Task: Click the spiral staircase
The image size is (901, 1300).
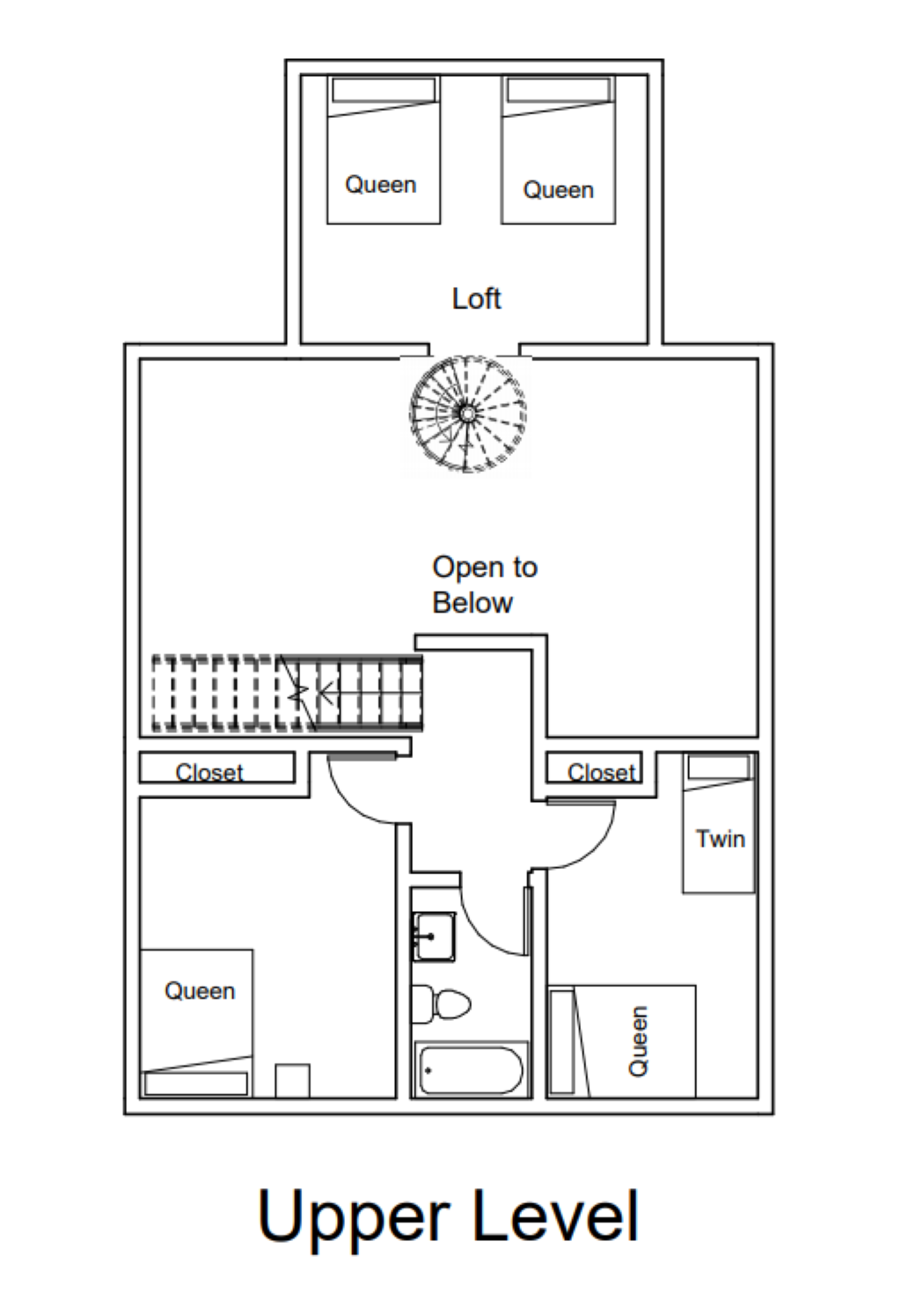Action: [467, 413]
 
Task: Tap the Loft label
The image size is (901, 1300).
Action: [476, 298]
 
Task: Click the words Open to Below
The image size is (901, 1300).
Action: [484, 584]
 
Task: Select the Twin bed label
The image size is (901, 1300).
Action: [720, 839]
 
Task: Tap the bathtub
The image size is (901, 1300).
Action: [471, 1070]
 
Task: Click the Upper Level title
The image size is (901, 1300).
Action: [448, 1216]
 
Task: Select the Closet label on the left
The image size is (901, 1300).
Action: [209, 772]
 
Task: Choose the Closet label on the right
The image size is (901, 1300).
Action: [601, 772]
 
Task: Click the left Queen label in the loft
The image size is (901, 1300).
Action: [380, 185]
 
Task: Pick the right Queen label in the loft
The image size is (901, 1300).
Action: [558, 190]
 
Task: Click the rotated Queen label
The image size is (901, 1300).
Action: [638, 1040]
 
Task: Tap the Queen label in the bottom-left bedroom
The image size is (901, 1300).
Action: [200, 991]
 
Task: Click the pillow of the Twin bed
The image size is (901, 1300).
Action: [719, 767]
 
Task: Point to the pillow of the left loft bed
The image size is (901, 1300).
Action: [384, 90]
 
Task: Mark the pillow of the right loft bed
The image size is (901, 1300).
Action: [559, 90]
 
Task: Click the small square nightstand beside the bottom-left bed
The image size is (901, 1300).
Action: [292, 1081]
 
